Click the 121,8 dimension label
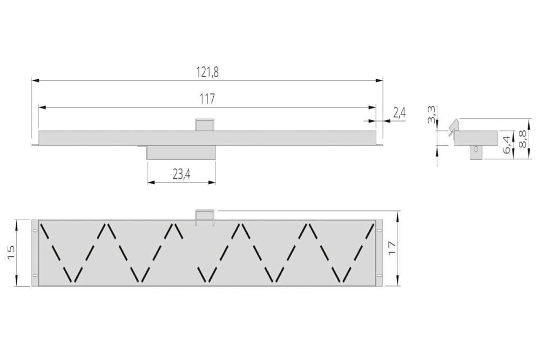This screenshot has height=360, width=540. (x=207, y=72)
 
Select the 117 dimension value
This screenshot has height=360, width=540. (x=207, y=99)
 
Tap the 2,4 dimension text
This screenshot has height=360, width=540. (x=399, y=113)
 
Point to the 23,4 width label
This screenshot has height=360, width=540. (x=181, y=174)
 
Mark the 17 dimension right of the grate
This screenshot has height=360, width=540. (x=391, y=248)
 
